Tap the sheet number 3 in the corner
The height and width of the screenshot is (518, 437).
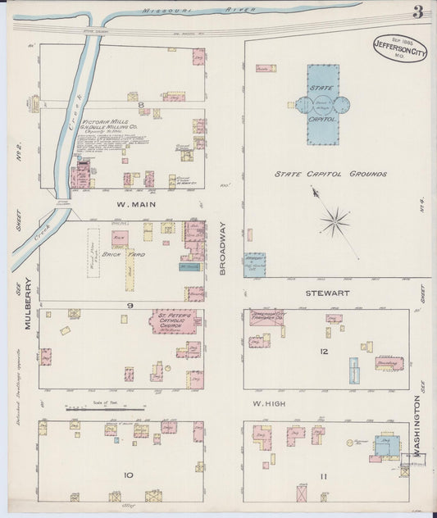coord(418,11)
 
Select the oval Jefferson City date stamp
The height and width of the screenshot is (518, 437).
coord(399,48)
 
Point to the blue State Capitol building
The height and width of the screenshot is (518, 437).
coord(322,105)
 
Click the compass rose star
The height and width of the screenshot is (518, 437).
coord(335,220)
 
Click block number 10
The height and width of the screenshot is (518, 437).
coord(127,475)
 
